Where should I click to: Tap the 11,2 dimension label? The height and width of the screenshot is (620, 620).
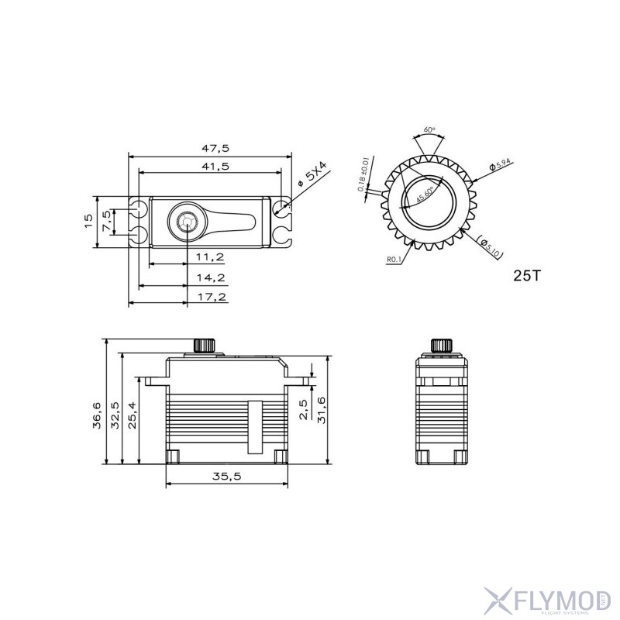click(x=210, y=257)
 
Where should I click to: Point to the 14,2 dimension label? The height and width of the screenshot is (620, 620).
click(x=210, y=277)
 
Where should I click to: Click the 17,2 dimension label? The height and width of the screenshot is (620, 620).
click(x=210, y=296)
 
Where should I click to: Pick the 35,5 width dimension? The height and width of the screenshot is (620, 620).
click(x=226, y=477)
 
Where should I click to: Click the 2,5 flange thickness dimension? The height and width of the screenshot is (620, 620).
click(x=303, y=408)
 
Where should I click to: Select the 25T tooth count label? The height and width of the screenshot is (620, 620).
click(x=527, y=275)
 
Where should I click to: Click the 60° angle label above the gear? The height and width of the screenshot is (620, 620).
click(x=428, y=130)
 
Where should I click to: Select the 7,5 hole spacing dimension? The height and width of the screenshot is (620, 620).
click(x=108, y=220)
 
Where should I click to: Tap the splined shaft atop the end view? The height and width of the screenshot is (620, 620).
click(x=440, y=345)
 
